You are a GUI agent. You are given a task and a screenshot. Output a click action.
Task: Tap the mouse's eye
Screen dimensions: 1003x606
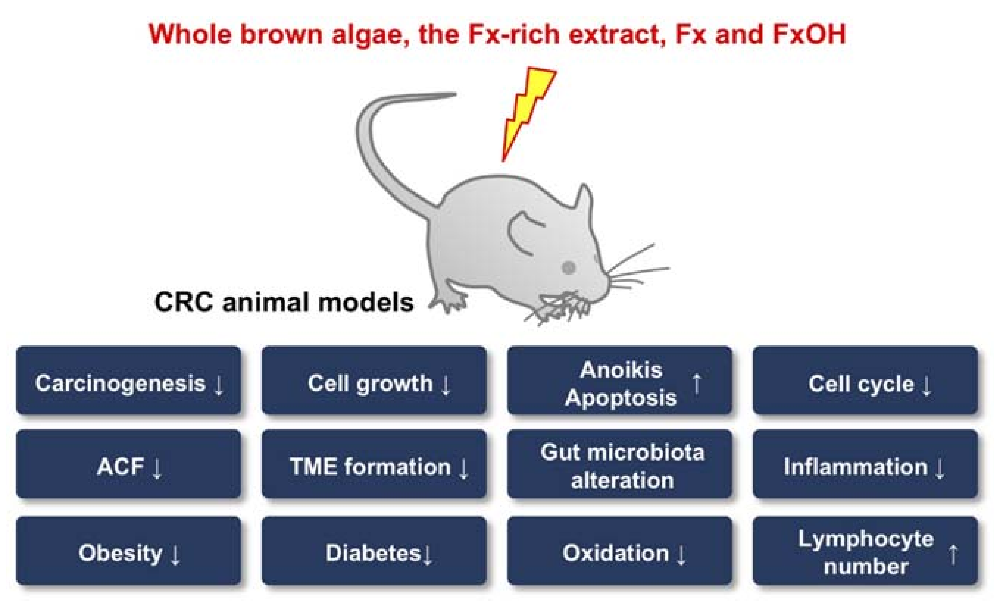pos(568,267)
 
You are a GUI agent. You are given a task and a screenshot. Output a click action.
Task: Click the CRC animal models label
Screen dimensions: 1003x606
pos(284,302)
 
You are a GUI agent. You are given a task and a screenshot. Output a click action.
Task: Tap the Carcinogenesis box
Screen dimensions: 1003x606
pos(129,381)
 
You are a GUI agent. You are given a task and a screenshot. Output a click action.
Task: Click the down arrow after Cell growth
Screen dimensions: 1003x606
pos(446,385)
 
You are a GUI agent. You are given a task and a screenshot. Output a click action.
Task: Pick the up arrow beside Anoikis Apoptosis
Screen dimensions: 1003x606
pos(696,384)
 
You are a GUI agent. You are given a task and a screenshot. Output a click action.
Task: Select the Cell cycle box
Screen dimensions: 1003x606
pos(865,381)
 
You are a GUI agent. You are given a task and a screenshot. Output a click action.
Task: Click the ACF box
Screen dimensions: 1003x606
pos(129,464)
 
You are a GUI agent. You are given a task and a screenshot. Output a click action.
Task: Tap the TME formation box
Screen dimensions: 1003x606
pos(374,464)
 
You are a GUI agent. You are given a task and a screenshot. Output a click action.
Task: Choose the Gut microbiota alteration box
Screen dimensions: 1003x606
pos(620,464)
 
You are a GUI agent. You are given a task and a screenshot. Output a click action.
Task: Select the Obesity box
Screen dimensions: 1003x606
pos(129,550)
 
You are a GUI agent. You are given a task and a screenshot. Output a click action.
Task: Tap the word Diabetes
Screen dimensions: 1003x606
pos(373,553)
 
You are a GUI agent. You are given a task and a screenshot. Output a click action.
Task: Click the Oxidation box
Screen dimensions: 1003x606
pos(620,550)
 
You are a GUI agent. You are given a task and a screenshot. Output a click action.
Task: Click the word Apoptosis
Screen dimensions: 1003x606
pos(621,398)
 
